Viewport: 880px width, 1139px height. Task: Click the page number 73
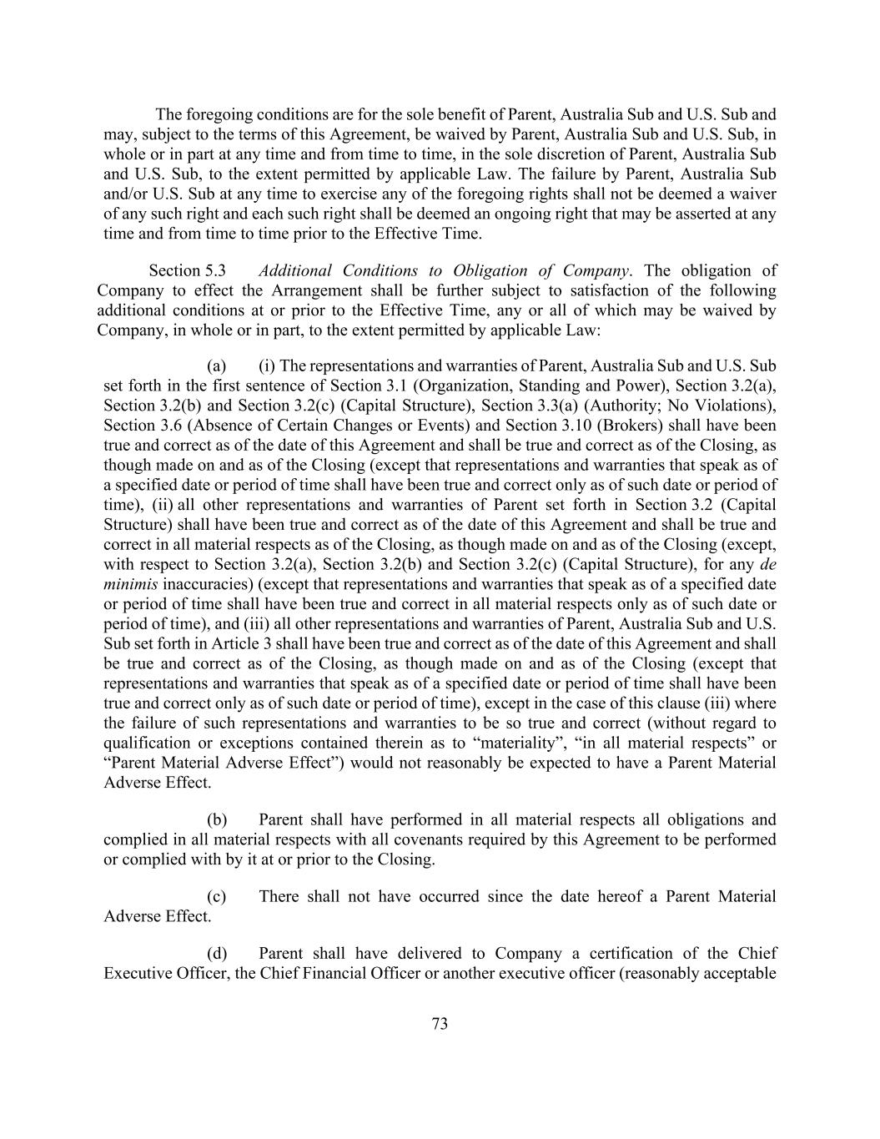point(440,1024)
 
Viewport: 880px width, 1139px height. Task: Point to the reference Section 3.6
point(136,426)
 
